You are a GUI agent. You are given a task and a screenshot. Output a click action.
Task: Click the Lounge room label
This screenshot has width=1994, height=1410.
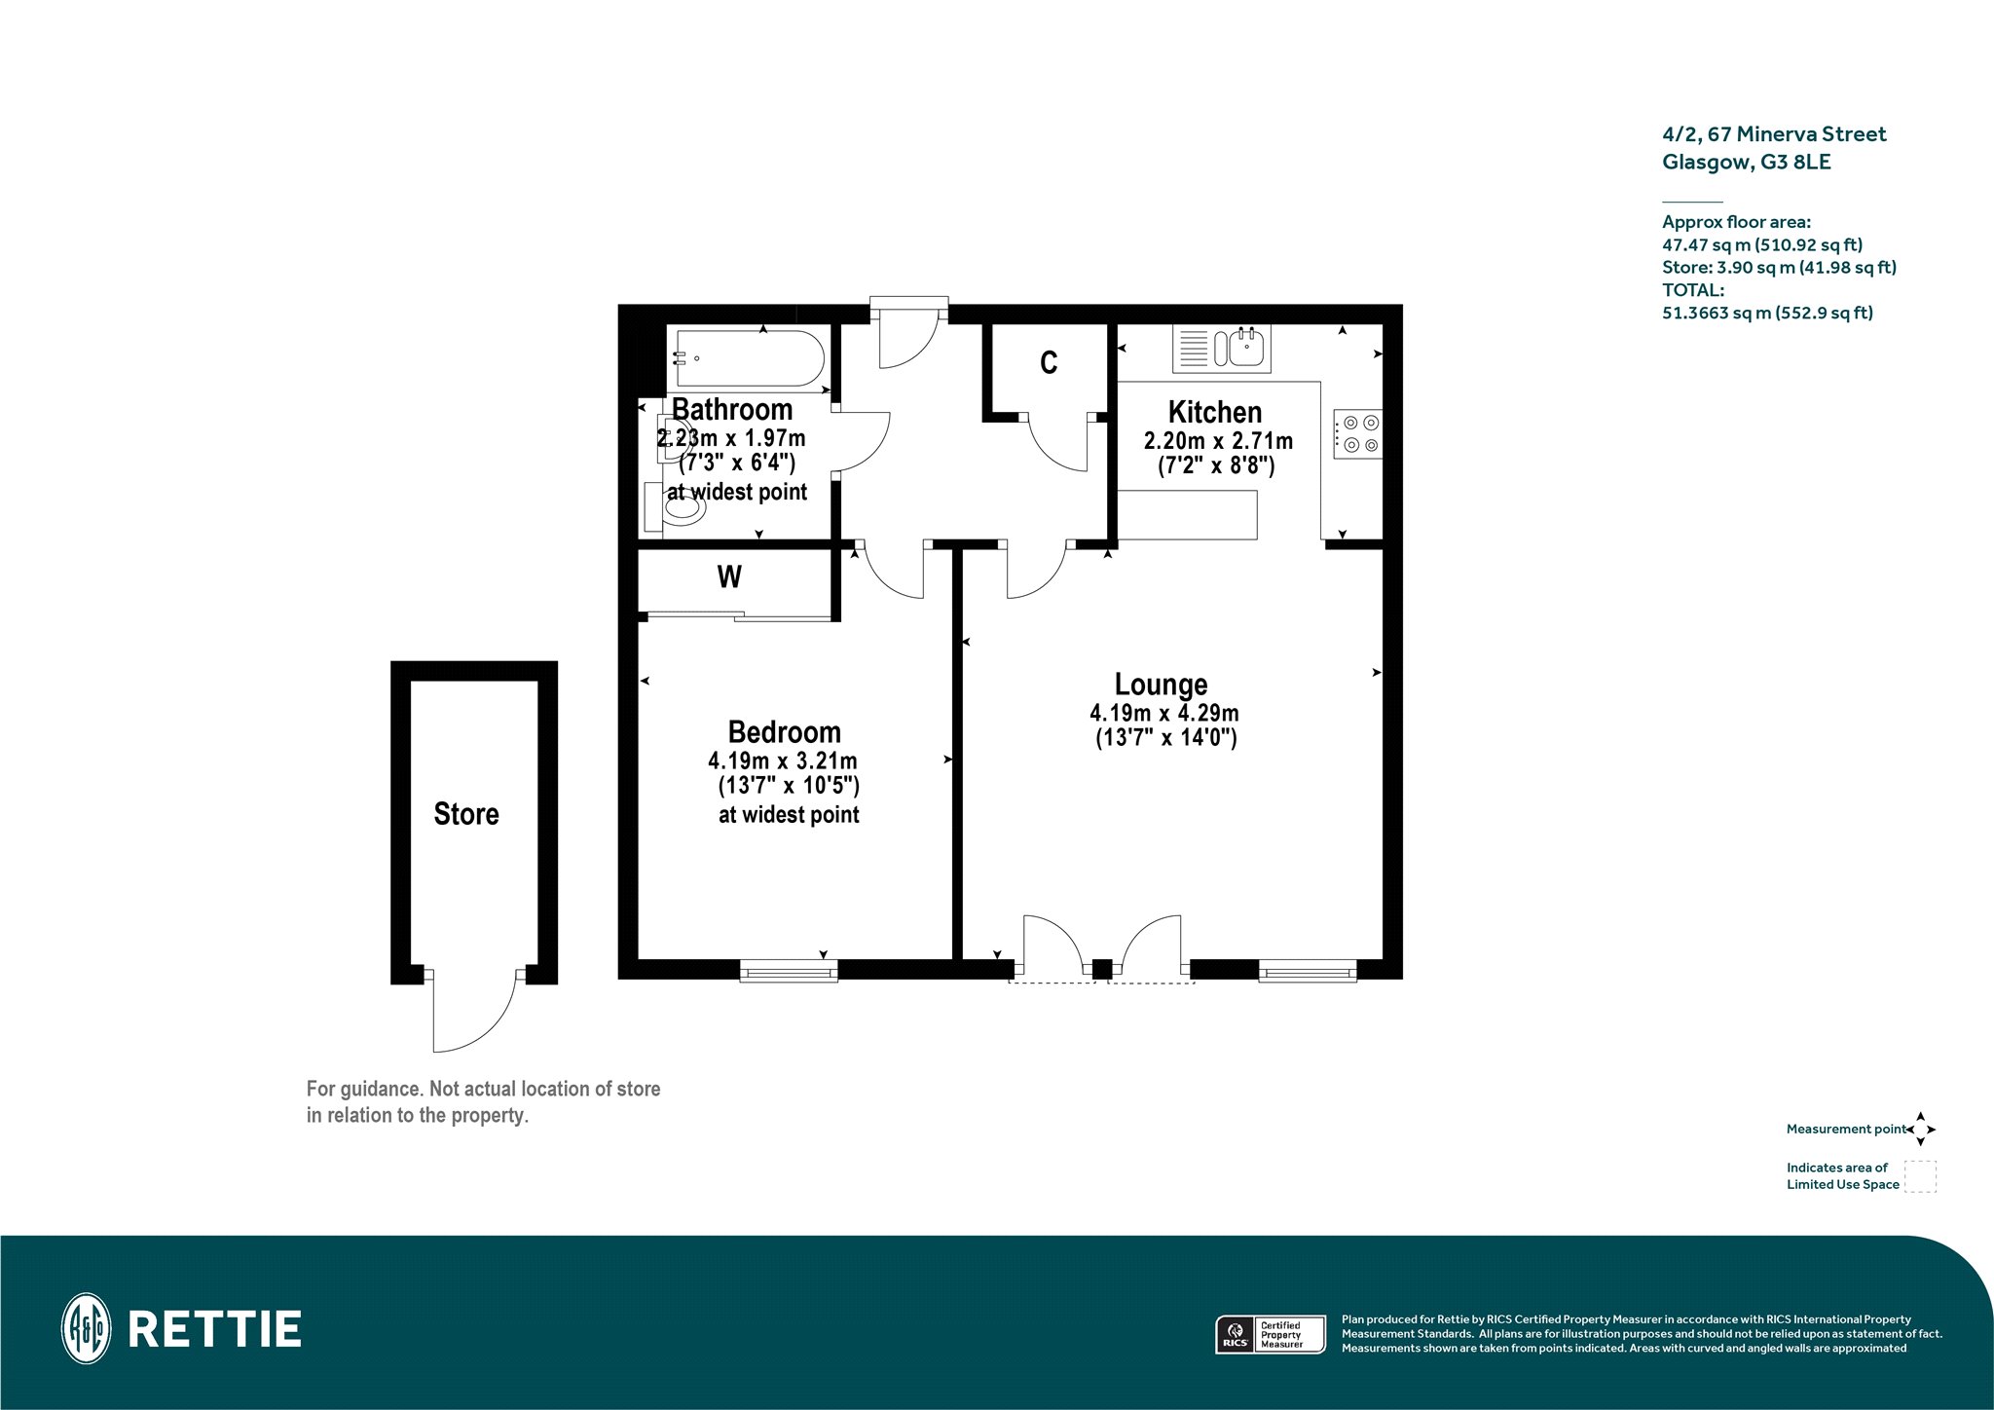(x=1161, y=685)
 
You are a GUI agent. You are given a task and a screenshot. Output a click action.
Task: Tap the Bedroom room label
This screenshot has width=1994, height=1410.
(x=784, y=732)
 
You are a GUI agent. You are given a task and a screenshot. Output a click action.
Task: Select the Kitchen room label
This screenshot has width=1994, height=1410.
(x=1214, y=412)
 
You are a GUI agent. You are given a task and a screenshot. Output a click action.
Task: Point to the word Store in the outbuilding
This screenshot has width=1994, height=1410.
(x=465, y=814)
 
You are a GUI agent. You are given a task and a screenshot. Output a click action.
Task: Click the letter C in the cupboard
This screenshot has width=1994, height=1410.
(x=1049, y=363)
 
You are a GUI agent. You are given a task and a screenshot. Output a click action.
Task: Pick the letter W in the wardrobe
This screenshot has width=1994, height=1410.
(x=729, y=577)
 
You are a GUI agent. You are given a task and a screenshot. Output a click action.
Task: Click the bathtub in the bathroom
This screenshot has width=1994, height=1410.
(x=749, y=358)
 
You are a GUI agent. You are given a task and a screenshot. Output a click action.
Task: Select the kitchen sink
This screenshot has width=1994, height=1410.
(x=1222, y=349)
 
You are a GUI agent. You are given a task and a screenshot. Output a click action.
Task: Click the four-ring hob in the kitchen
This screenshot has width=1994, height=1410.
(x=1357, y=434)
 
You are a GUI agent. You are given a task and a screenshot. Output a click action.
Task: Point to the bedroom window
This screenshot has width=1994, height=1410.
(x=789, y=970)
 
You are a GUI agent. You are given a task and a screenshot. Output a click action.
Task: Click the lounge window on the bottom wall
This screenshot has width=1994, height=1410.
(x=1308, y=970)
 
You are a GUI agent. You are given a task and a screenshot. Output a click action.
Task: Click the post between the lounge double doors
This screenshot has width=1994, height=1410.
(x=1102, y=970)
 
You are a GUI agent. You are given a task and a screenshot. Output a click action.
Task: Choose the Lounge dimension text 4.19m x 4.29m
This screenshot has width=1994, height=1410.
(x=1163, y=714)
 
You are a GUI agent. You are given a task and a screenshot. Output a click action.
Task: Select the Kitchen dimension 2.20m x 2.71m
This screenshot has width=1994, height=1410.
(x=1218, y=441)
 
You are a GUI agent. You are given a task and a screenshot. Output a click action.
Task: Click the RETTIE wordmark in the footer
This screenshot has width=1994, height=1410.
(x=215, y=1329)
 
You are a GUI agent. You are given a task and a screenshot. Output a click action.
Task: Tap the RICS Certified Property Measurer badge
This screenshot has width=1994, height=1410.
(x=1272, y=1334)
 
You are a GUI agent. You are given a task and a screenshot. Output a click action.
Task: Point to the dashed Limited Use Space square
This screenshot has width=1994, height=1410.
(x=1920, y=1176)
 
